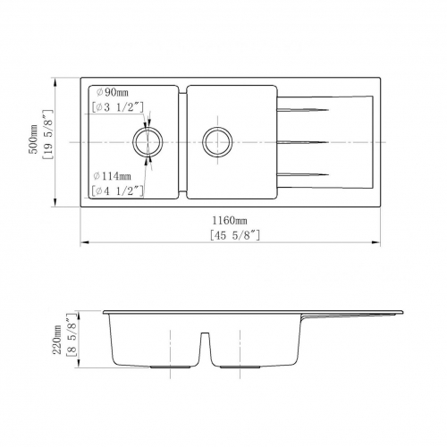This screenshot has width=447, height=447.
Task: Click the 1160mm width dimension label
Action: (230, 221)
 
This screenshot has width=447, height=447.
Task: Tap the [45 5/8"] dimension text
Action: (235, 235)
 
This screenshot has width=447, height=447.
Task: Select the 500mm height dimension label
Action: (33, 139)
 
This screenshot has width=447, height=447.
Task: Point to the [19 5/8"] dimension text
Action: (47, 135)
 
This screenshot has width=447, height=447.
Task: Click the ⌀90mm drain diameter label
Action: (113, 92)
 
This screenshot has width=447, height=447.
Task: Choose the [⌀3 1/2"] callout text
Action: (118, 107)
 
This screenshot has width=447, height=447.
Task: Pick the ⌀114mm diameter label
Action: (112, 176)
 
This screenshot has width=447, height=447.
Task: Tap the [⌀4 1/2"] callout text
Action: (118, 191)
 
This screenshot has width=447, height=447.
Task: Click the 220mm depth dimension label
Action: (57, 340)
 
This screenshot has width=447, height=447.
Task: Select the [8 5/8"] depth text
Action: (72, 335)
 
